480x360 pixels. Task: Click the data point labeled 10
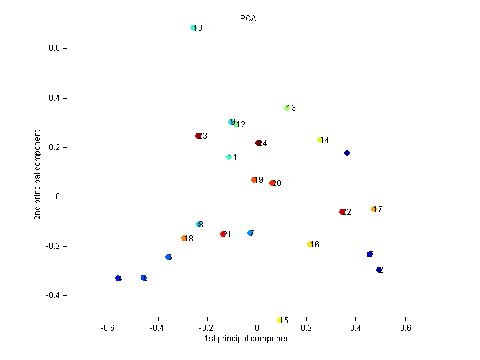click(193, 28)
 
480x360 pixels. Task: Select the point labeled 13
click(287, 107)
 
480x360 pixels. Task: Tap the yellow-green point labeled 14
click(320, 140)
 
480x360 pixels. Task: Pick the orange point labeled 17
click(373, 209)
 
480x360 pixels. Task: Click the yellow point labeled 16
click(310, 245)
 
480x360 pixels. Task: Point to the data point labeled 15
click(279, 321)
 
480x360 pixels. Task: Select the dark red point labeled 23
click(198, 136)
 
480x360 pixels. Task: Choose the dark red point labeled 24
click(258, 143)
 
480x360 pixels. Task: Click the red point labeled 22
click(342, 212)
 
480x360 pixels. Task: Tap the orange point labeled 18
click(184, 239)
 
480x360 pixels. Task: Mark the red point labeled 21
click(223, 235)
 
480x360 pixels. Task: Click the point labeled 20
click(272, 183)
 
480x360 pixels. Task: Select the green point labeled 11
click(229, 157)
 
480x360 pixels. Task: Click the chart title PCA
click(248, 19)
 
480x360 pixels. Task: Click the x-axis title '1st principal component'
click(248, 339)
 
